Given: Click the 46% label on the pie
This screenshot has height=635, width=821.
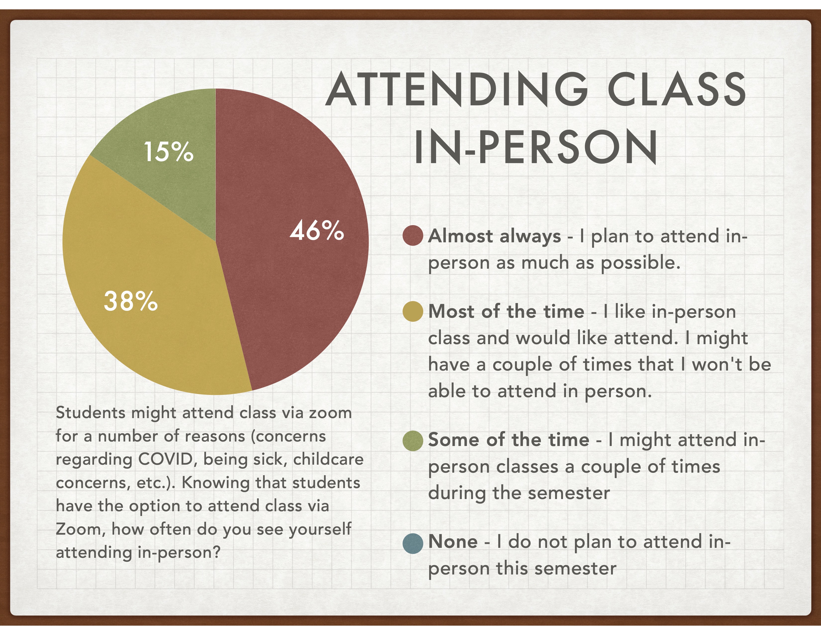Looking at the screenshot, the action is pyautogui.click(x=316, y=230).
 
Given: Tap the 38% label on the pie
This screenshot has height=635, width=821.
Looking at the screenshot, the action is pyautogui.click(x=130, y=301).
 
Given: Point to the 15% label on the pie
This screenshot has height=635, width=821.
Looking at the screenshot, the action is pyautogui.click(x=169, y=152).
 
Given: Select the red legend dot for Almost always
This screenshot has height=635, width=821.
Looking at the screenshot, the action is pyautogui.click(x=413, y=236).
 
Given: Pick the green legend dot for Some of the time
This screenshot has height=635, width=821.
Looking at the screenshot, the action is pyautogui.click(x=413, y=441).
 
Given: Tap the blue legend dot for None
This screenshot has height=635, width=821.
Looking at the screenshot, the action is pyautogui.click(x=413, y=543).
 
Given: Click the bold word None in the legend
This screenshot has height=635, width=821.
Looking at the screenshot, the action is pyautogui.click(x=453, y=542).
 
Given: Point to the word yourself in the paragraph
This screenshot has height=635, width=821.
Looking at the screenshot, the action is pyautogui.click(x=320, y=530).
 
